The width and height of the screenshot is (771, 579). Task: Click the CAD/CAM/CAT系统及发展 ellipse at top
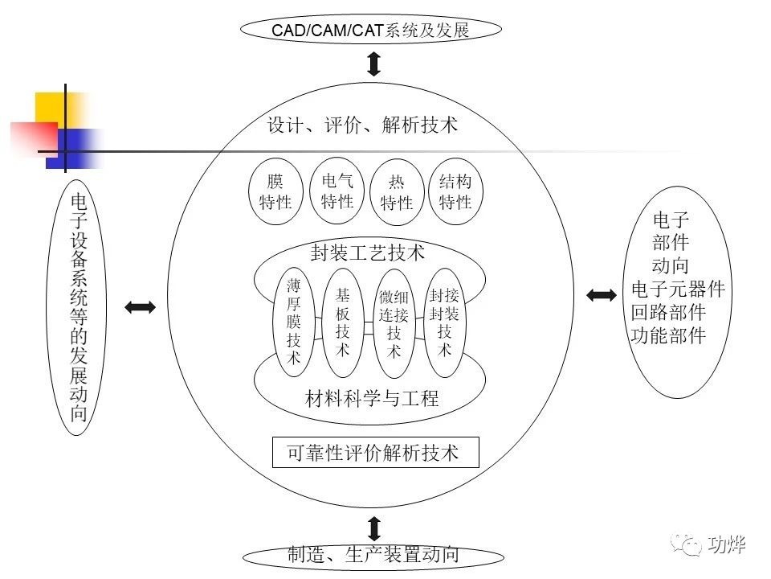coord(370,31)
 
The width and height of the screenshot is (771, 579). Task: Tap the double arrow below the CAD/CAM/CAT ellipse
coord(373,63)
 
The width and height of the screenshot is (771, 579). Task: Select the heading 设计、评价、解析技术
coord(362,125)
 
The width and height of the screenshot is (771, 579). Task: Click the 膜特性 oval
coord(275,192)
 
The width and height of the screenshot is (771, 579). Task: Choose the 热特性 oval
coord(397,193)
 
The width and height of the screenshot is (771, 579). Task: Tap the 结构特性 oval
coord(455,192)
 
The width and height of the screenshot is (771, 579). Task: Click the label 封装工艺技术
coord(368,253)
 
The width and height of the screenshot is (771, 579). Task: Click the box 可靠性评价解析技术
coord(375,453)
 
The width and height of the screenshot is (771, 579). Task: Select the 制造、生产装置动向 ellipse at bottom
coord(373,555)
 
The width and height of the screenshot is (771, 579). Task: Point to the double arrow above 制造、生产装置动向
coord(373,528)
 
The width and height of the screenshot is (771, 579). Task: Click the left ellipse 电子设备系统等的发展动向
coord(78,307)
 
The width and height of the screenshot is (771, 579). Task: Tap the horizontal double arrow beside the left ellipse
coord(140,306)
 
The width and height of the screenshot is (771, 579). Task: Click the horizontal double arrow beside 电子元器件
coord(602,295)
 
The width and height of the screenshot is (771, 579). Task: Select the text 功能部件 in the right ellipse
coord(669,336)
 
